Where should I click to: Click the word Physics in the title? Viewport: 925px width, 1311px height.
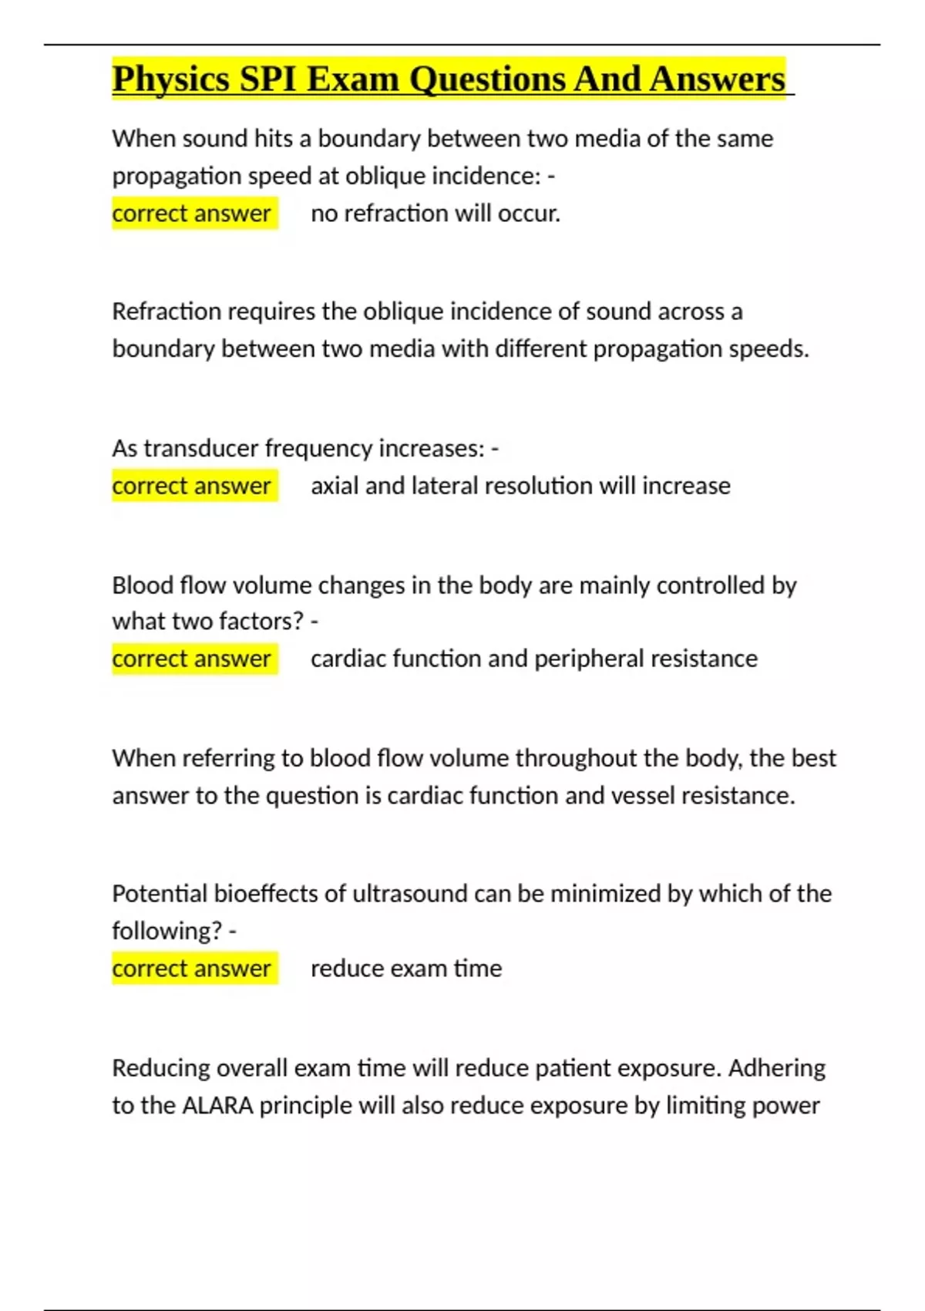tap(170, 79)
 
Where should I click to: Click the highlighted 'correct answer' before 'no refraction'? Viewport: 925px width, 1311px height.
tap(191, 213)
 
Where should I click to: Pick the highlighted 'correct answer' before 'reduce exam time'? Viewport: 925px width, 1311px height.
tap(191, 968)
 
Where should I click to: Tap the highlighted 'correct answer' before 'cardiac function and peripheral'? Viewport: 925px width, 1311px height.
tap(191, 659)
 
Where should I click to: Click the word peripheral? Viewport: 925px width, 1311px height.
tap(589, 659)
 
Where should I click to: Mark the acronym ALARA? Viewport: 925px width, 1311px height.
tap(217, 1105)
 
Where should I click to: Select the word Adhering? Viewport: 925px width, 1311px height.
tap(776, 1068)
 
